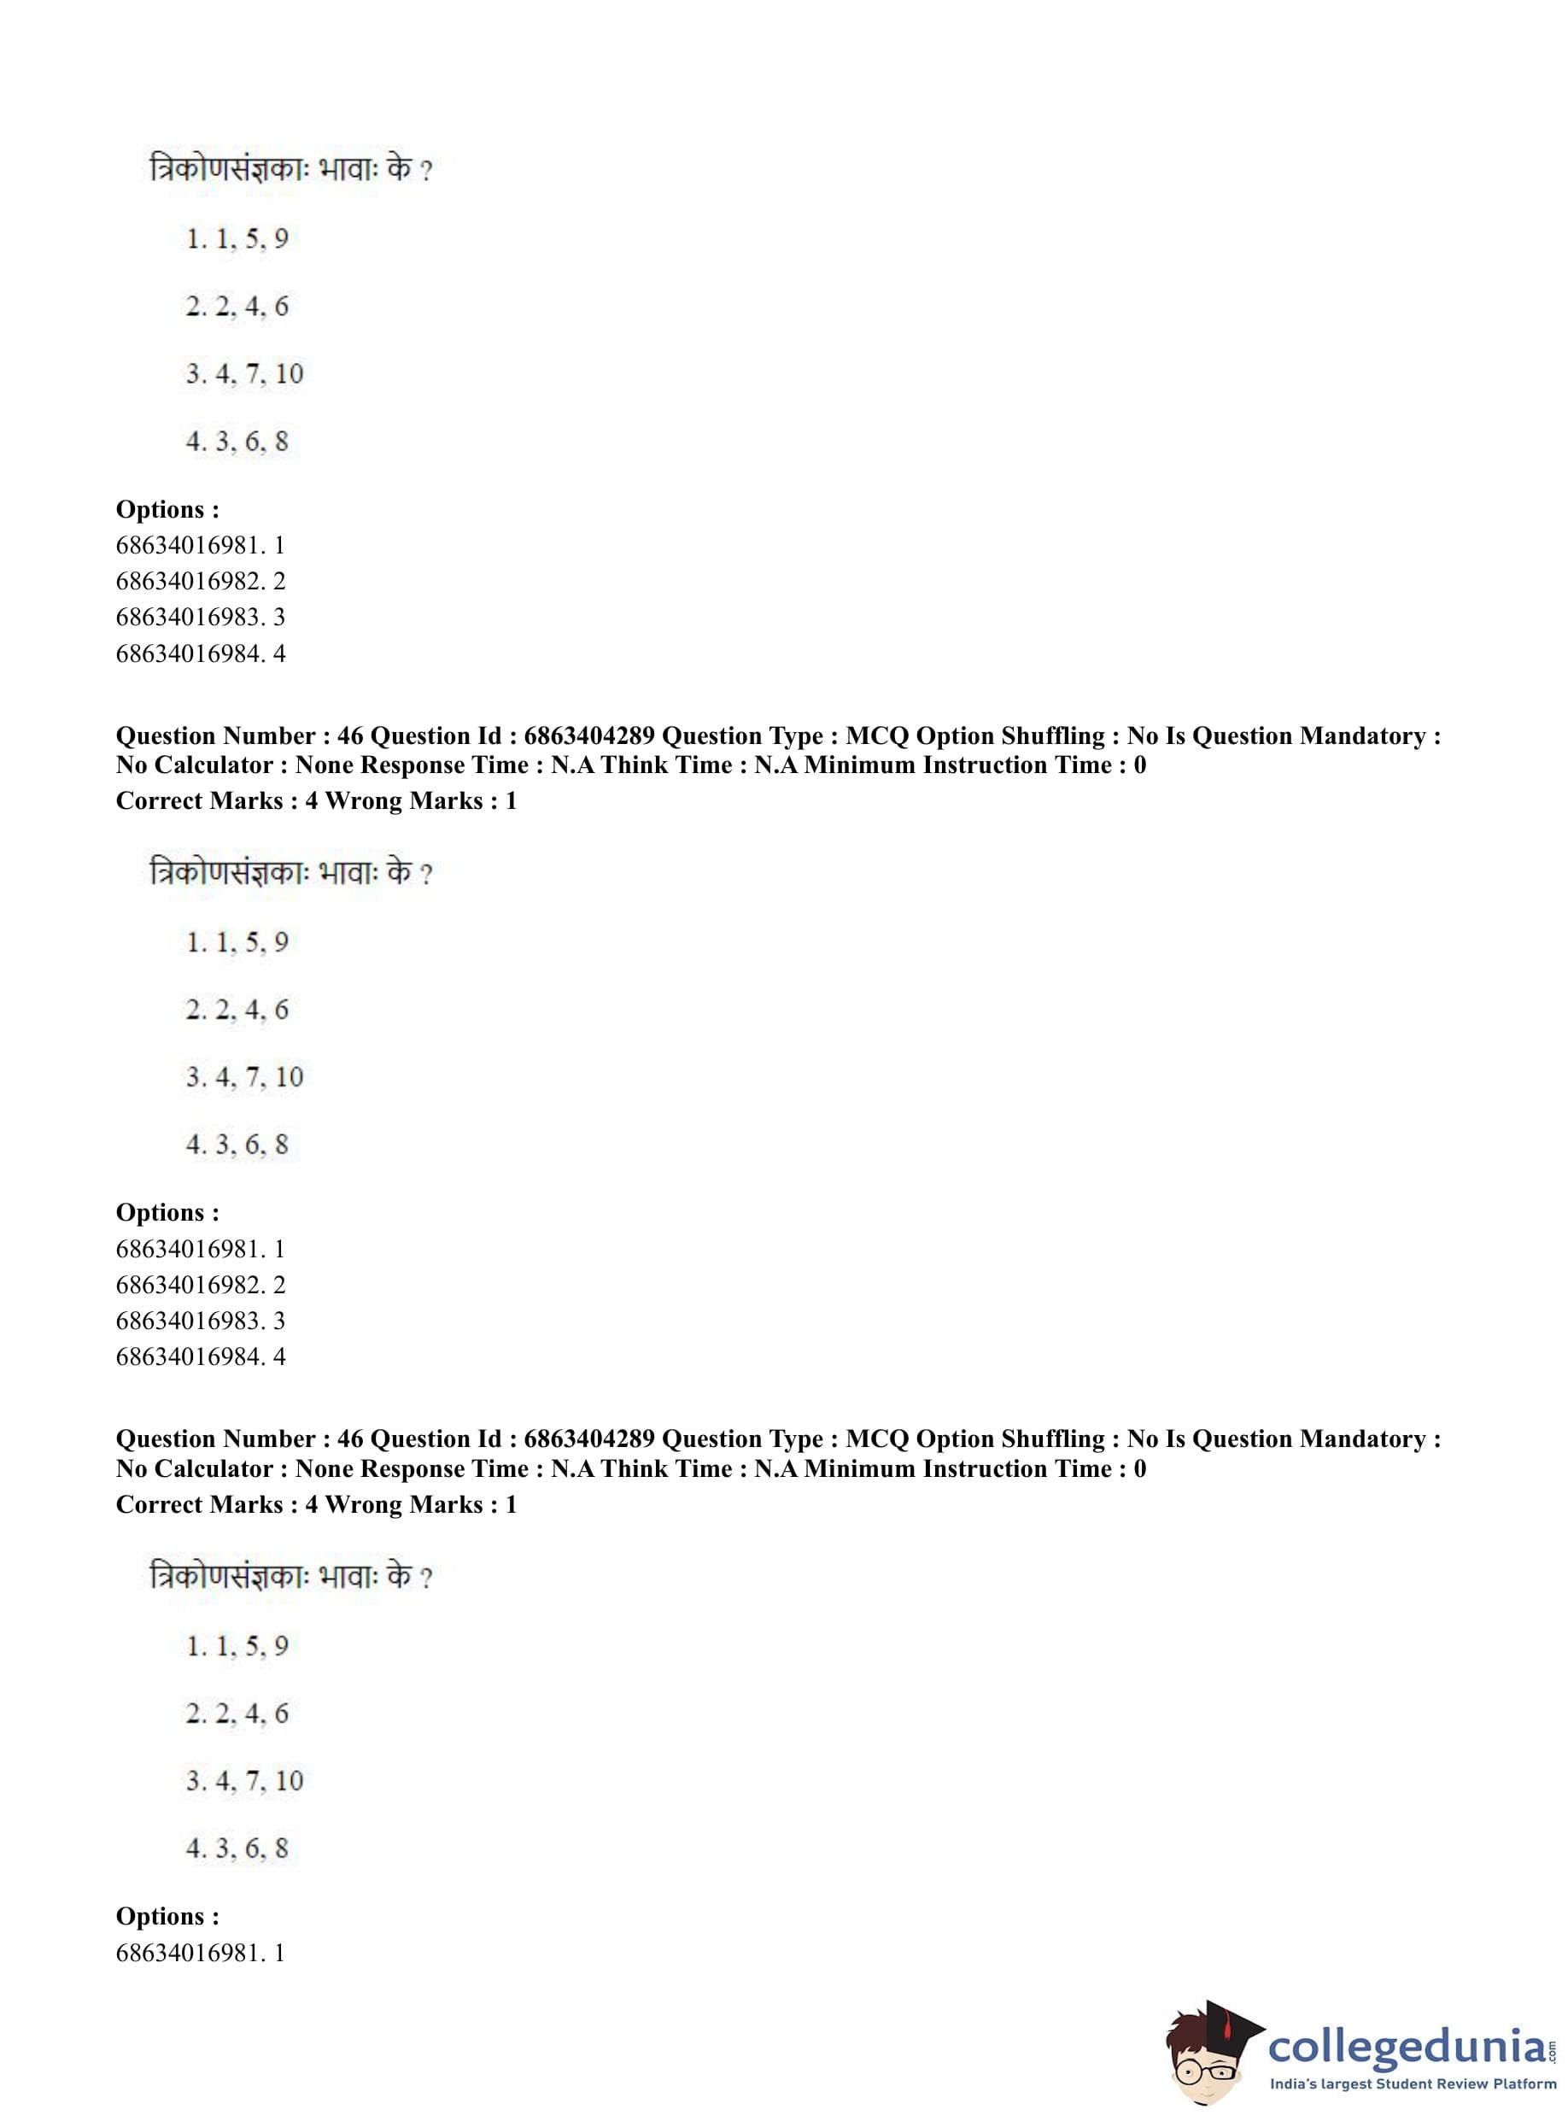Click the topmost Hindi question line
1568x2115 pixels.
(290, 170)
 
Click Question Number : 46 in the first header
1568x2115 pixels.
(239, 735)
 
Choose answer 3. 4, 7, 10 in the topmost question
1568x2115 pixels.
(244, 374)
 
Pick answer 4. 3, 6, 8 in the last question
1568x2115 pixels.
(237, 1848)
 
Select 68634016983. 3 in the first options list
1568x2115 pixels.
(201, 617)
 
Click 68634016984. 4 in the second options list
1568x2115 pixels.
(201, 1356)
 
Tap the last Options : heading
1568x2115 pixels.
(167, 1916)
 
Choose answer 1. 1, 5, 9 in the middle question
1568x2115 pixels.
(237, 941)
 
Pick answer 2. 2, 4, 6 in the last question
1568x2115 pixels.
(237, 1713)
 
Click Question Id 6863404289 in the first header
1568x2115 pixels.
(512, 735)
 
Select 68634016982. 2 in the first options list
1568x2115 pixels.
(201, 581)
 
